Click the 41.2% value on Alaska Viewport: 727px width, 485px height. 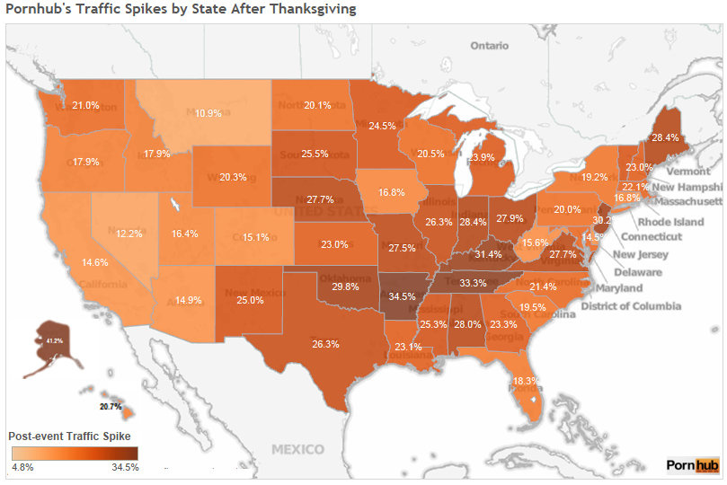56,341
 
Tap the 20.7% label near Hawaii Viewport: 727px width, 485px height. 111,407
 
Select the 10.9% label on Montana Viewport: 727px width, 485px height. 208,113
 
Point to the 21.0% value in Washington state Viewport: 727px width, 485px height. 86,105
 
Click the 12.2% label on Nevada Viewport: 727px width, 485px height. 129,234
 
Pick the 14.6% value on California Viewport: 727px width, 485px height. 95,262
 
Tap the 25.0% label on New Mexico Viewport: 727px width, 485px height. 250,300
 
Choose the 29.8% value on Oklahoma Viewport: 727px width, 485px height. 346,287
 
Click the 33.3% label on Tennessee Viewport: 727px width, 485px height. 473,283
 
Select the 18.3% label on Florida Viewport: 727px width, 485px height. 527,382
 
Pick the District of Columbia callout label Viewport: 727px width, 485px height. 632,306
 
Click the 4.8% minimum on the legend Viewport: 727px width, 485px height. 22,467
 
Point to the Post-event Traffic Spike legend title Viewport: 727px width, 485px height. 69,436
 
